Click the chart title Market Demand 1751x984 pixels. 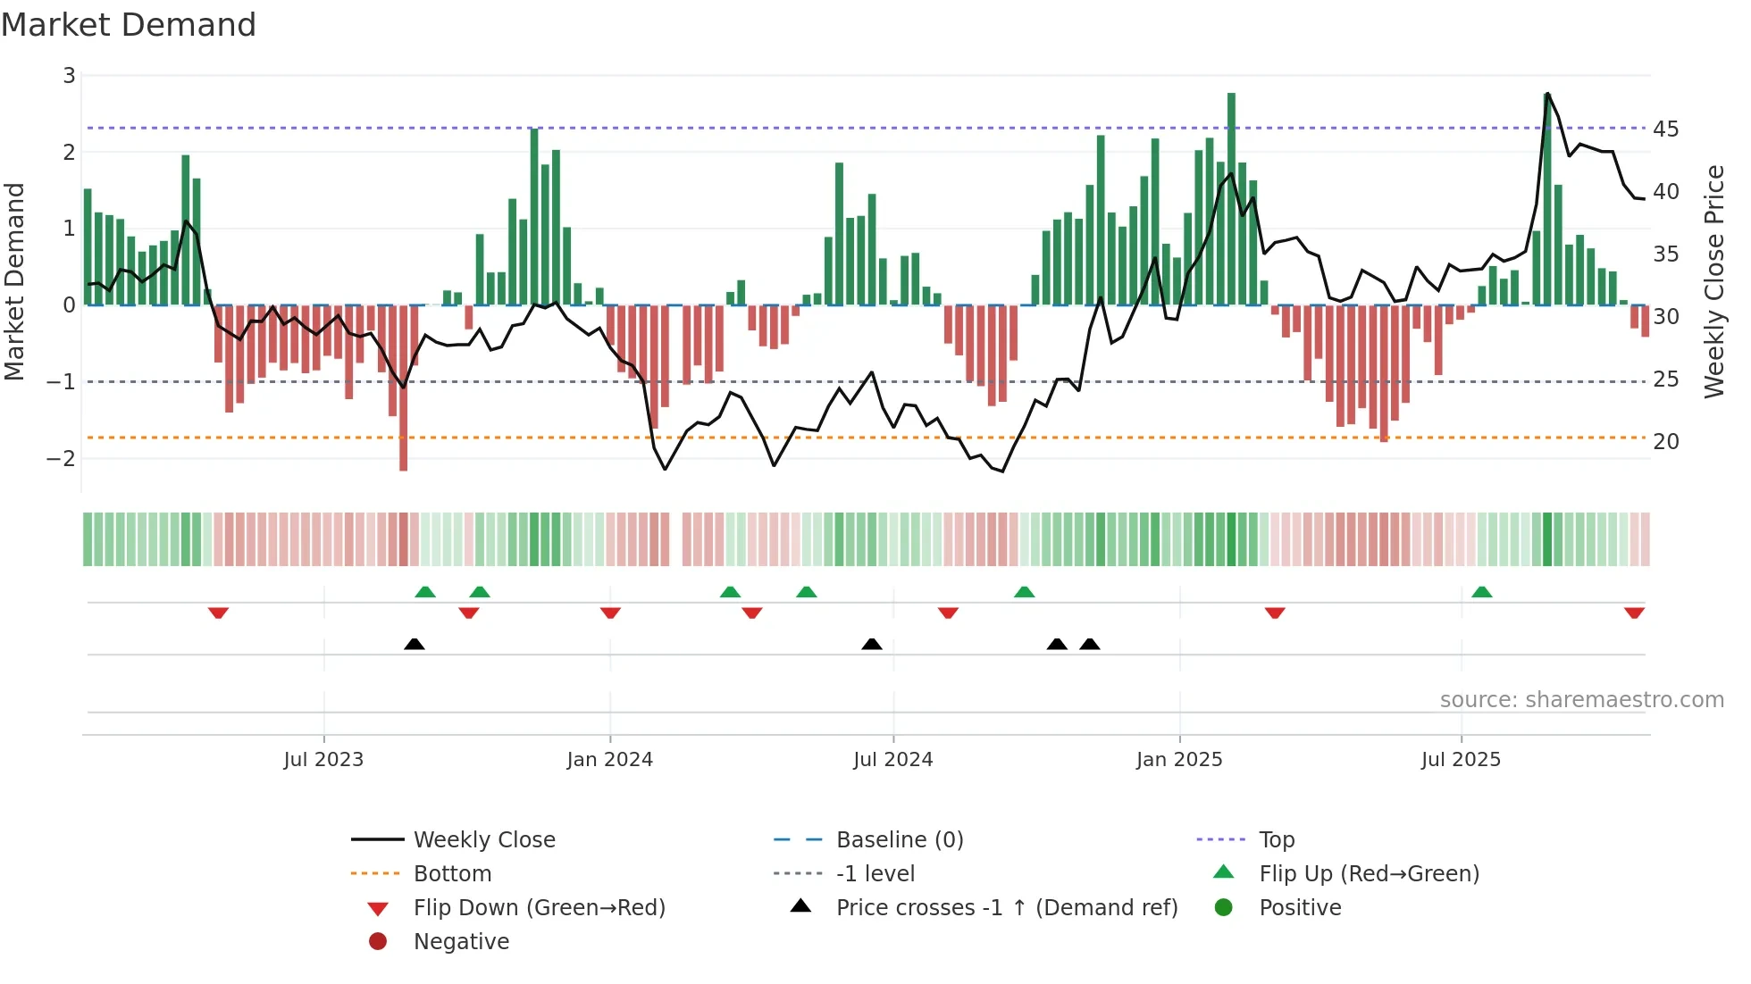click(129, 25)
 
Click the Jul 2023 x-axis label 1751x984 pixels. click(323, 760)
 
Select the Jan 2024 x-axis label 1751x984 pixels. click(610, 760)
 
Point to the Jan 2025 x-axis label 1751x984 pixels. click(1179, 760)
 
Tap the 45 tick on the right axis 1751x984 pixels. click(1665, 129)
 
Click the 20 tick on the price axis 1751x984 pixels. click(1665, 442)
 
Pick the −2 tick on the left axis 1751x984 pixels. click(62, 459)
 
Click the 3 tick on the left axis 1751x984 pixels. click(69, 76)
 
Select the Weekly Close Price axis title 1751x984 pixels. click(1713, 281)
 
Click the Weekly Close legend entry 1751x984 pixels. click(483, 840)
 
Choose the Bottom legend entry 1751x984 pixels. click(452, 874)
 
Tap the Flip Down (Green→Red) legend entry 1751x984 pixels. click(539, 908)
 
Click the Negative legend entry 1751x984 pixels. click(461, 942)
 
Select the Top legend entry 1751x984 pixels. click(1277, 840)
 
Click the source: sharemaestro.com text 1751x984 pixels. click(1581, 700)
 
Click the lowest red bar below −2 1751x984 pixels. click(404, 388)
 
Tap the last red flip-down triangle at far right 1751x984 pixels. click(1634, 613)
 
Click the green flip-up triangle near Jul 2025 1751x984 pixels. click(1482, 592)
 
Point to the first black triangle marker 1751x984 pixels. click(415, 644)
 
